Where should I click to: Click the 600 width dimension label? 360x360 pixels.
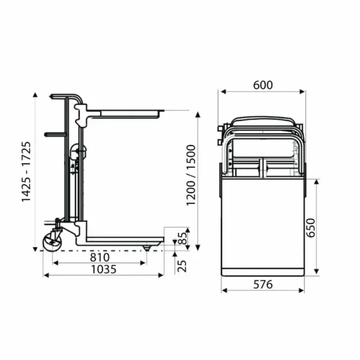click(x=263, y=85)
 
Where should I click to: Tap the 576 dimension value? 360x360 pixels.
click(x=263, y=284)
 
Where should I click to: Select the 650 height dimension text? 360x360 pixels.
click(x=311, y=227)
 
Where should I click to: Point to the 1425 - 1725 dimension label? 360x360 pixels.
click(x=26, y=172)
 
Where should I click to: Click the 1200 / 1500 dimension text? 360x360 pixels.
click(x=191, y=175)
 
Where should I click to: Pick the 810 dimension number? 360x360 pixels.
click(x=100, y=257)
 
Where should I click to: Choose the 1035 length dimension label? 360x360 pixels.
click(x=104, y=269)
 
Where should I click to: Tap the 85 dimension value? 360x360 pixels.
click(x=182, y=238)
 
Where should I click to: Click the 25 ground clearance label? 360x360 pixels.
click(x=182, y=266)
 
